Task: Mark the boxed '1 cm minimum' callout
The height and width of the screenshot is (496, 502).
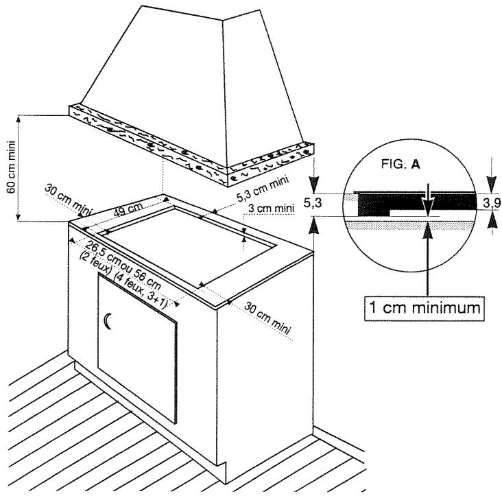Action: pos(425,306)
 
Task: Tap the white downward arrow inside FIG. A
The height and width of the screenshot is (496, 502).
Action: pos(426,197)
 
